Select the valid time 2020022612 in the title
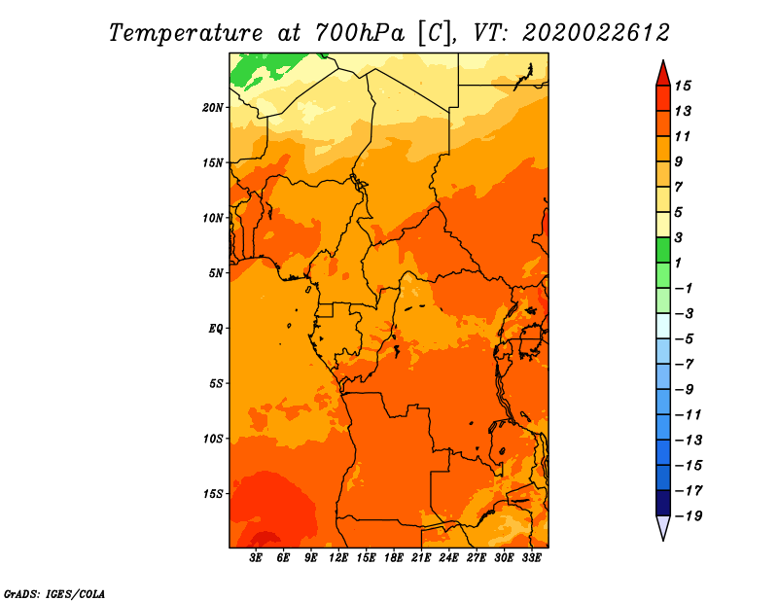tap(596, 32)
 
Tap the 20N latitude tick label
tap(213, 107)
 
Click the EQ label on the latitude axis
tap(216, 328)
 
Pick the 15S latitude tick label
tap(213, 494)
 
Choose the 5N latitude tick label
tap(216, 273)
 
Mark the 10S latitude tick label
tap(213, 439)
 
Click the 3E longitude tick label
tap(257, 559)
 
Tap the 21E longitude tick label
tap(421, 559)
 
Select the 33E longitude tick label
tap(531, 559)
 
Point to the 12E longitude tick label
tap(338, 559)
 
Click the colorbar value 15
tap(695, 86)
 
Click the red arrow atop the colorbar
tap(663, 73)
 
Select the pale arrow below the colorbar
tap(663, 527)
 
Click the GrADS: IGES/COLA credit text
tap(53, 592)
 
